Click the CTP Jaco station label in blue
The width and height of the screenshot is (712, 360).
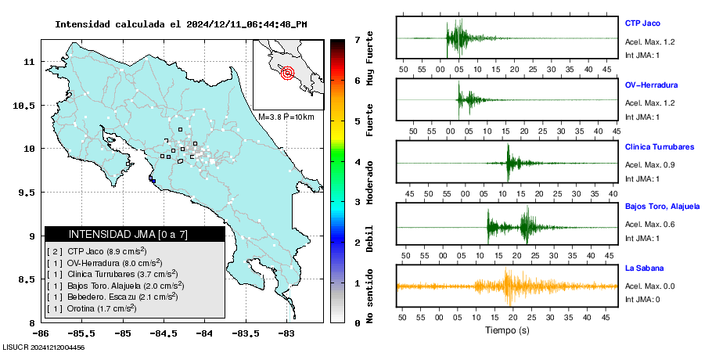point(642,23)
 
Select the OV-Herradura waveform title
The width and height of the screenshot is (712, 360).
point(651,85)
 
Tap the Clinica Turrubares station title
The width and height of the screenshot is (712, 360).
point(660,146)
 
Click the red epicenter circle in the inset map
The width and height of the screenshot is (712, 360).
point(286,74)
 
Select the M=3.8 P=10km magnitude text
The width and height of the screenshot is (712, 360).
point(286,117)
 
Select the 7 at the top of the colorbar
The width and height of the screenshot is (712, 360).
point(357,39)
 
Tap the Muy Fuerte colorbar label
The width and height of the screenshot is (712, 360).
point(370,59)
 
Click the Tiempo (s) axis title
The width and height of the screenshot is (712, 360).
point(507,330)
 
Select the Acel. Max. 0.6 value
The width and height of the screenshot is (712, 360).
point(649,225)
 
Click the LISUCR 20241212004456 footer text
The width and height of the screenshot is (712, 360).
point(44,347)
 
